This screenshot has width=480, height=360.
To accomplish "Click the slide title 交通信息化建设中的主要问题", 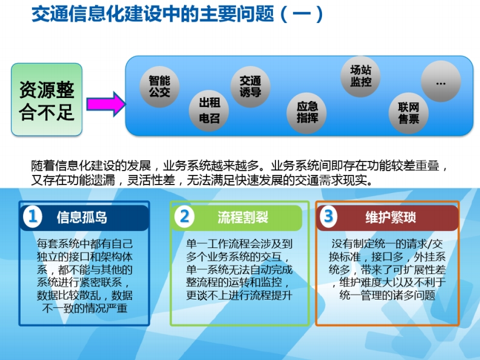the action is coord(153,14).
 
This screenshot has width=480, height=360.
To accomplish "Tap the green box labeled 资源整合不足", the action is coord(47,99).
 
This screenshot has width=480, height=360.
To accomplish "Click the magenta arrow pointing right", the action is coord(106,104).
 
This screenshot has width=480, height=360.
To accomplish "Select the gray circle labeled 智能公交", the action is coord(159,87).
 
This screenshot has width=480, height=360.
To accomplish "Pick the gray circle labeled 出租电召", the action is coord(209,111).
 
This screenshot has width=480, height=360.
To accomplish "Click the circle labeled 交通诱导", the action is coord(250,87).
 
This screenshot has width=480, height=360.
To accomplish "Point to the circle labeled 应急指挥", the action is coord(307,113).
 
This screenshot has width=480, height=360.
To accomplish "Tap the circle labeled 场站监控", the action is coord(361,76).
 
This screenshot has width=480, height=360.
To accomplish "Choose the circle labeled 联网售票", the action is coord(409,113).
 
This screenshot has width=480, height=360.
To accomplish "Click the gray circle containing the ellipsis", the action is coord(441,81).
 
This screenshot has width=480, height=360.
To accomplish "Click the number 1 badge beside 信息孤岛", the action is coord(33,217).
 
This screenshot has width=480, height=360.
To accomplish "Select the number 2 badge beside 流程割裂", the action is coord(184,217).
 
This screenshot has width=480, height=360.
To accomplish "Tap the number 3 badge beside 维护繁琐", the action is coord(328,216).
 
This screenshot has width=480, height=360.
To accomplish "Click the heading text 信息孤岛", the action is coord(82,217).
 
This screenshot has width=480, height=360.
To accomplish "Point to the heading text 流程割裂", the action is coord(243,217).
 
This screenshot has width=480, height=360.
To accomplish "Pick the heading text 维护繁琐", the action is coord(390,217).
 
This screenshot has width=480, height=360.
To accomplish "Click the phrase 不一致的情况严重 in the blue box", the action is coord(85,308).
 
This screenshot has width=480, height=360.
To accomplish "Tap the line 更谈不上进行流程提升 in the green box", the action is coord(239,295).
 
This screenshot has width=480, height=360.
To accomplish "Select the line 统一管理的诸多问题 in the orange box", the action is coord(387,295).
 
